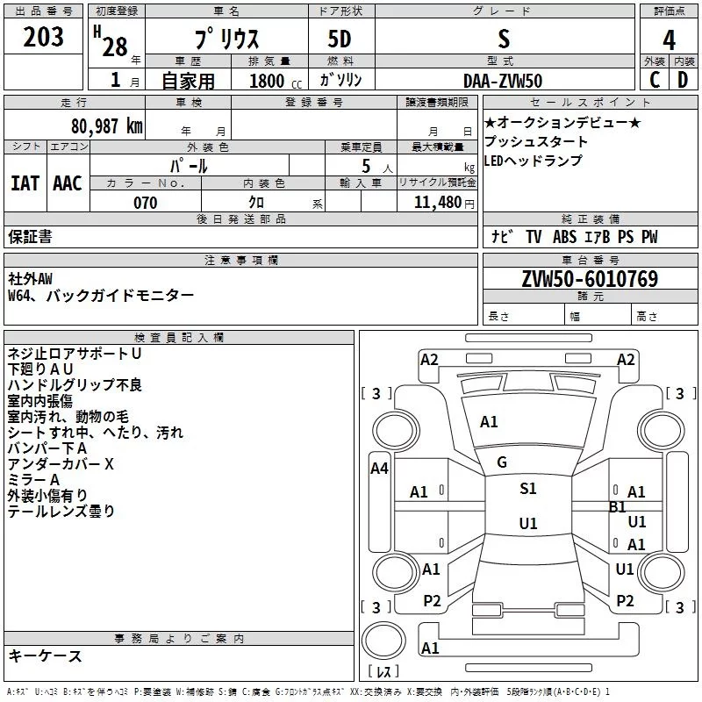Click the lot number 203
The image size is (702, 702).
pos(44,38)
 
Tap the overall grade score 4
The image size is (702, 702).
pos(669,39)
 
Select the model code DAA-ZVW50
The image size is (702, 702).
pos(503,79)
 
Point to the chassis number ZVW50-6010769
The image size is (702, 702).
pos(590,279)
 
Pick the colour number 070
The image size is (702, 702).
pos(145,203)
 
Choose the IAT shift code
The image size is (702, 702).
pos(25,183)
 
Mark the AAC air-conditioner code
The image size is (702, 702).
pos(67,183)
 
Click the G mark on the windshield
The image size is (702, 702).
pos(502,462)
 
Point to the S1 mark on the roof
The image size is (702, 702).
pos(527,489)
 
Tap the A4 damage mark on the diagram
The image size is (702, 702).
pos(379,469)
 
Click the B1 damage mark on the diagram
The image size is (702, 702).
pos(617,506)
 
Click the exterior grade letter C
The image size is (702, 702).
pos(654,79)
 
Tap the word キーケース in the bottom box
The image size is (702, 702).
pos(45,656)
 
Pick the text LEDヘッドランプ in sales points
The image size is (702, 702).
pos(533,161)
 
